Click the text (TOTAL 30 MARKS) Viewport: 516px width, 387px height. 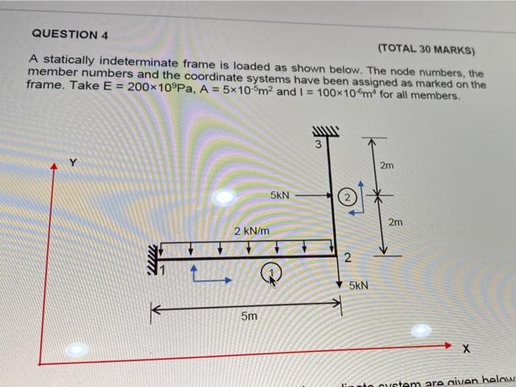point(426,50)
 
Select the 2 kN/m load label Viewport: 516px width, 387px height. point(251,231)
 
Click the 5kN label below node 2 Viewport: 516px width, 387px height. point(359,284)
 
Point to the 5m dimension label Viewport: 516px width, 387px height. point(249,317)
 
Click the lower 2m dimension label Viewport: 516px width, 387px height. point(396,221)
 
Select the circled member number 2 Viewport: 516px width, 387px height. point(347,197)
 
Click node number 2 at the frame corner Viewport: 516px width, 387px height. point(348,258)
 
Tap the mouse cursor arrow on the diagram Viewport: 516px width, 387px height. point(272,280)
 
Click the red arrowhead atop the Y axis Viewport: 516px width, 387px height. point(53,168)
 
